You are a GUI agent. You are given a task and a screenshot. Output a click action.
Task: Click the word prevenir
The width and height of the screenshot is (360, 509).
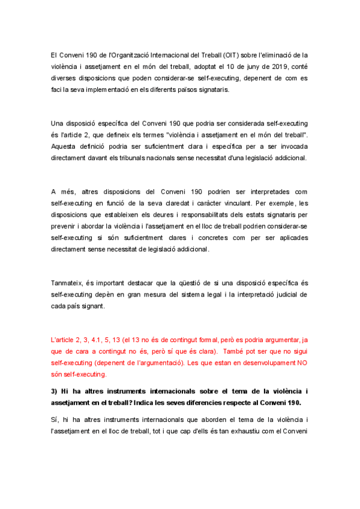tap(65, 226)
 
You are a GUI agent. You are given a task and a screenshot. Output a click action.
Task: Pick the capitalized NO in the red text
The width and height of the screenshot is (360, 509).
tap(302, 363)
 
